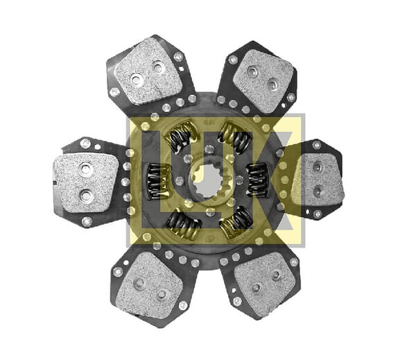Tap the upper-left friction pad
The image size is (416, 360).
148,71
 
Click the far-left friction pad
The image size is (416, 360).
85,183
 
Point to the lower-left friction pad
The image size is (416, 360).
150,285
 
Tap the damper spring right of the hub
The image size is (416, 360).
257,180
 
